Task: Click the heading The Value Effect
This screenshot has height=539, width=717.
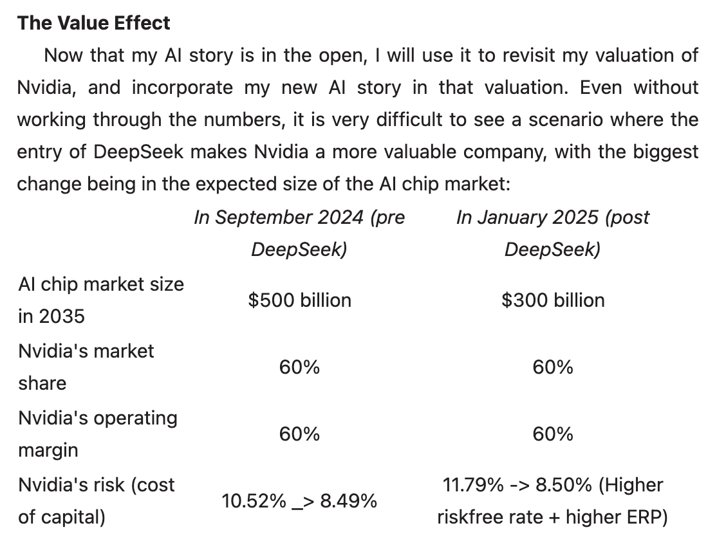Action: tap(93, 23)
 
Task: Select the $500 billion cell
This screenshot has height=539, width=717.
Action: tap(299, 300)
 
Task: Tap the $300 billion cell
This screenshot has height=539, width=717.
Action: tap(553, 300)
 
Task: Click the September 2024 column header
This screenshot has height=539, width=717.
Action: tap(299, 233)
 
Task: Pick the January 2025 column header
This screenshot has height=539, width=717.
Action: tap(553, 233)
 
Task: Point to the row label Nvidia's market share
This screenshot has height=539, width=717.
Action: tap(86, 367)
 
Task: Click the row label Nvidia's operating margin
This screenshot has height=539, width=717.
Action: tap(97, 434)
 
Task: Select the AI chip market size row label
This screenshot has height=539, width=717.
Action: tap(100, 300)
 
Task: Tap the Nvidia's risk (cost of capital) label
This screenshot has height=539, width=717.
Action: tap(96, 500)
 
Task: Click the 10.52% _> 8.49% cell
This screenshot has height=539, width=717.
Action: tap(299, 501)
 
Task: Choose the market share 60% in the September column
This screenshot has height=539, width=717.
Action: tap(299, 367)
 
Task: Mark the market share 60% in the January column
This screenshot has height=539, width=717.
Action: tap(553, 367)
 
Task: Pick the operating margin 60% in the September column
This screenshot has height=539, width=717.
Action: tap(299, 434)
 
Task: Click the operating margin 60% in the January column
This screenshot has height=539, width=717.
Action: tap(553, 434)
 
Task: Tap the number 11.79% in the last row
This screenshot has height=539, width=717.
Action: tap(473, 484)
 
